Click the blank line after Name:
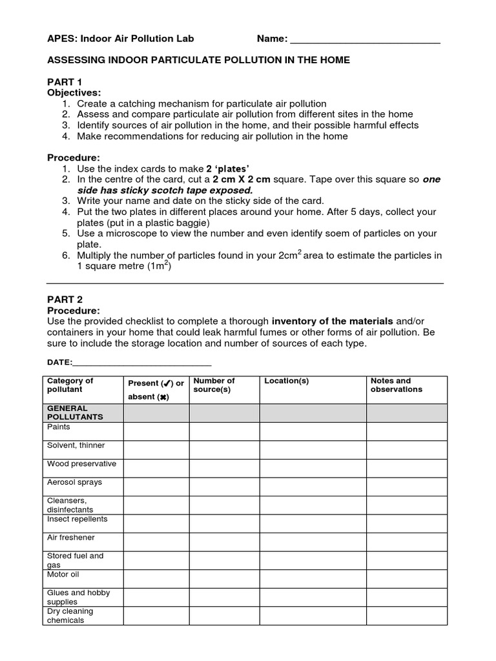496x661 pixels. [365, 40]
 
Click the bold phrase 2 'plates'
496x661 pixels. [227, 168]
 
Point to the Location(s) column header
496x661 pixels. [287, 381]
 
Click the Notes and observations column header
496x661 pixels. [396, 385]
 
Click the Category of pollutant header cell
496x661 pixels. [70, 385]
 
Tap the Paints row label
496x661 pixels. [59, 427]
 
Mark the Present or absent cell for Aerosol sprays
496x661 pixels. [156, 487]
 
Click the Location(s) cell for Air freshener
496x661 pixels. [313, 542]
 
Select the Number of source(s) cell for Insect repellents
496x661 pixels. [224, 524]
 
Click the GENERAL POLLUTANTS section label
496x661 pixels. [75, 413]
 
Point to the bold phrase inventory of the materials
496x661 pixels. [332, 321]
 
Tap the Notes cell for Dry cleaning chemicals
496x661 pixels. [406, 615]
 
